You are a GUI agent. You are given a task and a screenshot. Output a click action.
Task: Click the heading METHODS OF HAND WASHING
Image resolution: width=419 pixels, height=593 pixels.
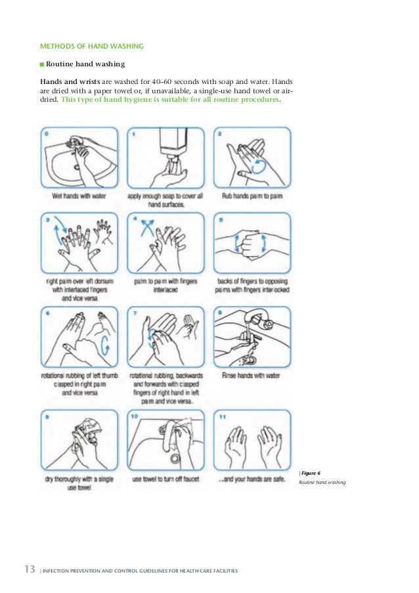click(x=92, y=47)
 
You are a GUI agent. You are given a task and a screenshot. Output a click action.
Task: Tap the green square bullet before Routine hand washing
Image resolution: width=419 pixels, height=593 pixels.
click(x=41, y=65)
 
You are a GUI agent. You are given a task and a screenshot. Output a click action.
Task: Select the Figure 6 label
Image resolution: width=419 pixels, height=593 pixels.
click(x=311, y=472)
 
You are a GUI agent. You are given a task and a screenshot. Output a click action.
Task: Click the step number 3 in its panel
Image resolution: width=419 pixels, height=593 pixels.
click(x=47, y=221)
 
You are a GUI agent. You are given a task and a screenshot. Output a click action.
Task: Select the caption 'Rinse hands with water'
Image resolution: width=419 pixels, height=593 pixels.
click(x=253, y=377)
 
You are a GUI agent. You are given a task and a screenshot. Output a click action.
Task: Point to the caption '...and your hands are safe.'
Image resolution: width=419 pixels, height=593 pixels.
click(x=252, y=479)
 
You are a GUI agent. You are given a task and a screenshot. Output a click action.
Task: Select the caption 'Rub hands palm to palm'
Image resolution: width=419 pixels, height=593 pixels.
click(x=253, y=196)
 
